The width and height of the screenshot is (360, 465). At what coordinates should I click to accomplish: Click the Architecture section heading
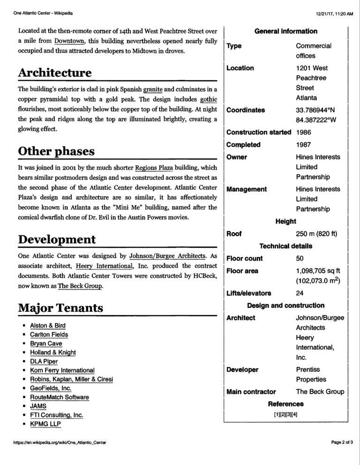55,73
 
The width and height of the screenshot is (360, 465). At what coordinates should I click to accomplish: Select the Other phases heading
56,151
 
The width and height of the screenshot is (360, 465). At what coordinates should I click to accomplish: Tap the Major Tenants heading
61,308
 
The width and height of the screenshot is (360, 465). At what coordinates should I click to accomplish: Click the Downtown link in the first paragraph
69,41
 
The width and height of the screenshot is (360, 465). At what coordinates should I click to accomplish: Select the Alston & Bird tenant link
48,325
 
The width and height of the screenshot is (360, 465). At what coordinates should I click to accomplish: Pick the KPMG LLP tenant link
45,424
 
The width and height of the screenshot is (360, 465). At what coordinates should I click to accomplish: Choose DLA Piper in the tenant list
44,361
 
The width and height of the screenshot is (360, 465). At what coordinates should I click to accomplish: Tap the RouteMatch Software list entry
60,397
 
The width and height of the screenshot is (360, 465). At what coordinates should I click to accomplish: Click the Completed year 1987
304,145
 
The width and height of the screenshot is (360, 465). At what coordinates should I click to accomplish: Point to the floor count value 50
300,258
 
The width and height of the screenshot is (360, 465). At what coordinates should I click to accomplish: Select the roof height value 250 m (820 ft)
316,233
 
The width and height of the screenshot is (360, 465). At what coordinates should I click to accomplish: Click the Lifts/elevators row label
248,293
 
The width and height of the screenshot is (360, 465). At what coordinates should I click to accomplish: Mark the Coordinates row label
246,110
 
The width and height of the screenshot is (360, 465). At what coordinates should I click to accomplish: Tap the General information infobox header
285,31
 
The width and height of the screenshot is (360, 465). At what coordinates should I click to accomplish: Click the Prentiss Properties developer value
311,374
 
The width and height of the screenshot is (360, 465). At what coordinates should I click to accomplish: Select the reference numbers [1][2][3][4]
286,414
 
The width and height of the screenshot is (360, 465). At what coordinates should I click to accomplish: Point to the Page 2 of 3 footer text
342,455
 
